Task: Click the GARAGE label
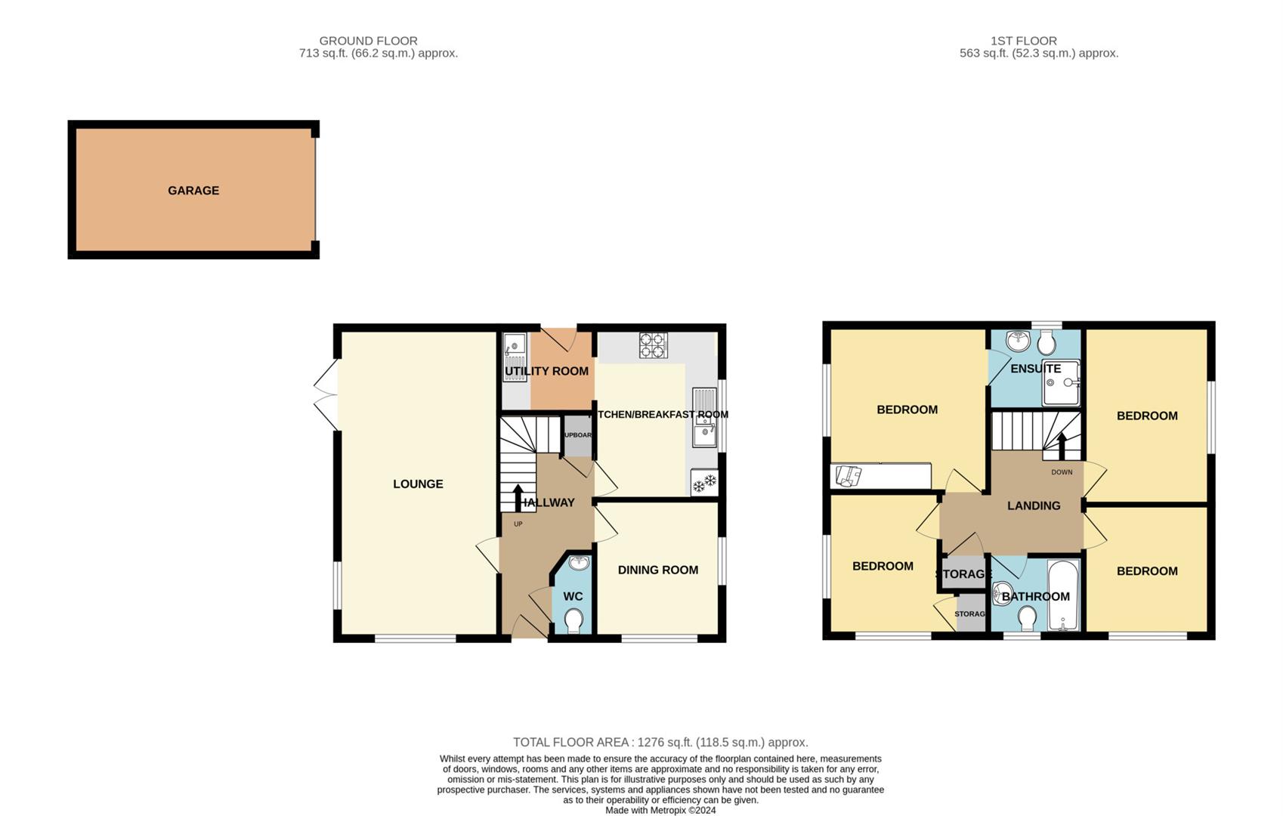[193, 190]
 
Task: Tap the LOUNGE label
[418, 484]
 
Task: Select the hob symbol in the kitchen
[654, 345]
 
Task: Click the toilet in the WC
[573, 621]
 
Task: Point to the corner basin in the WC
[579, 564]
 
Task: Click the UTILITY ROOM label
[546, 371]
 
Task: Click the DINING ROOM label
[657, 570]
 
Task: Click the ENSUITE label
[1035, 369]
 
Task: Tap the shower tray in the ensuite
[1061, 384]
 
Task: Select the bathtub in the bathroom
[1064, 595]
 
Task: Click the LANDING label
[1033, 505]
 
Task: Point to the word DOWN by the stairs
[1062, 472]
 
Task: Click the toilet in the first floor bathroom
[1027, 619]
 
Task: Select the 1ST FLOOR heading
[1023, 41]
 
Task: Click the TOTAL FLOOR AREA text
[660, 742]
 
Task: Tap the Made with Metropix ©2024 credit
[660, 810]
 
